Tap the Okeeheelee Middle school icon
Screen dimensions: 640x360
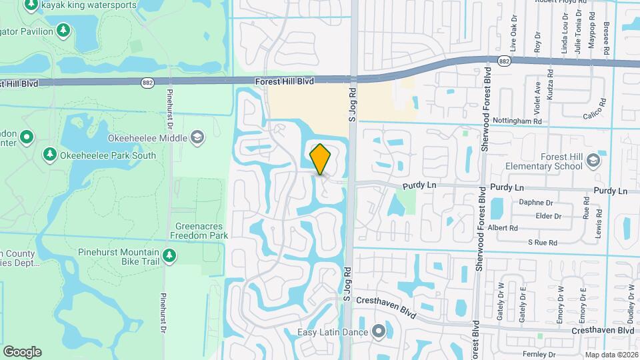coord(197,138)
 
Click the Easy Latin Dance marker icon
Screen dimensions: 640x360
coord(379,331)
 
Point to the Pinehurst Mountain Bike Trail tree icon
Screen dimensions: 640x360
coord(169,255)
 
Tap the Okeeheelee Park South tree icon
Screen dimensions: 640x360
coord(49,155)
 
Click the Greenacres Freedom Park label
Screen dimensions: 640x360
coord(199,231)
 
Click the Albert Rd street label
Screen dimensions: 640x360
coord(503,227)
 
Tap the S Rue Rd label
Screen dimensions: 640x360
coord(542,243)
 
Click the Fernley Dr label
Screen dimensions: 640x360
coord(543,353)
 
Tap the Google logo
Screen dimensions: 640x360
coord(22,352)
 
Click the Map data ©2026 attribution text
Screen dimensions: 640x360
coord(612,354)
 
